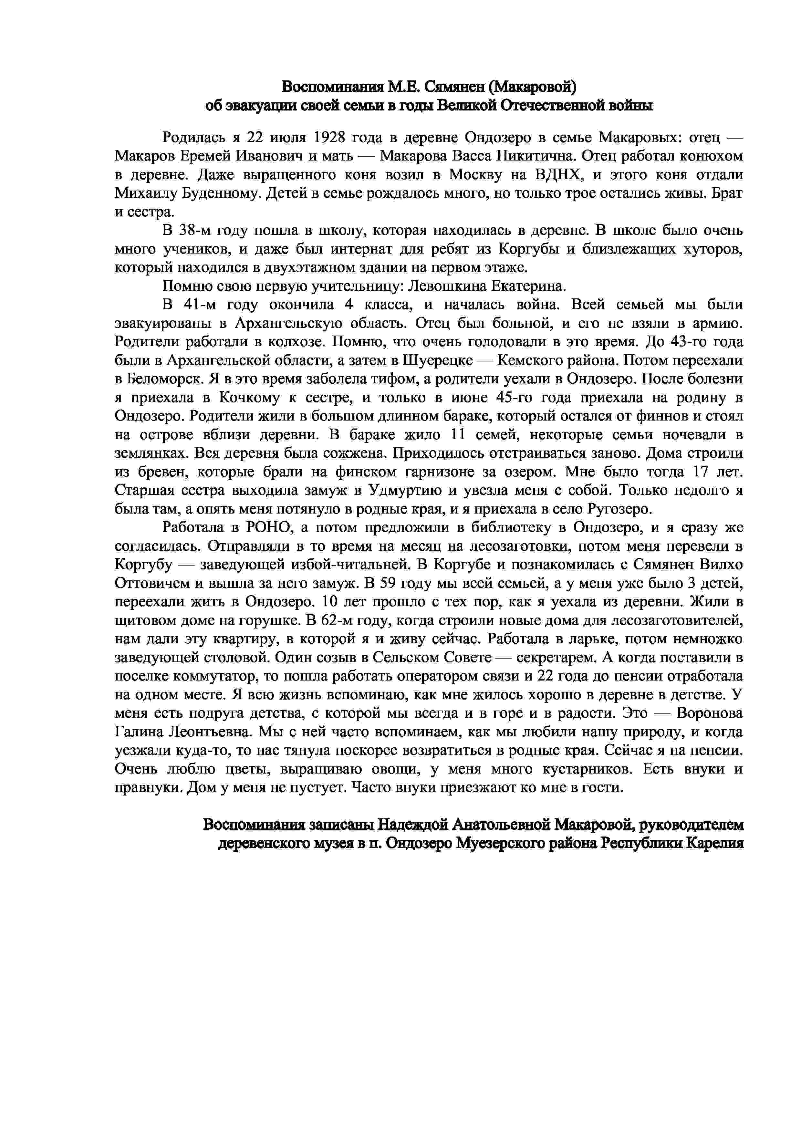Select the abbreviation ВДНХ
(556, 175)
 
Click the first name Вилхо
(720, 565)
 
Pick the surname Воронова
(709, 713)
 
